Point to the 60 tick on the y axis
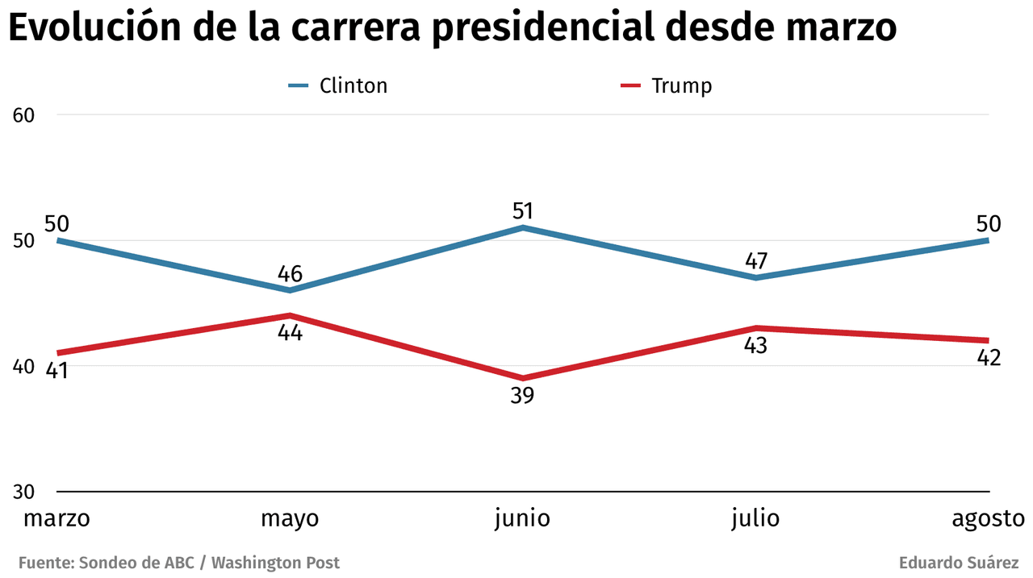[x=24, y=114]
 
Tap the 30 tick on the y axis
[x=24, y=492]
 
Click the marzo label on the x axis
[x=56, y=518]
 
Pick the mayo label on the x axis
[x=290, y=518]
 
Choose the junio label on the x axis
[x=522, y=518]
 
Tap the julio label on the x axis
[x=755, y=518]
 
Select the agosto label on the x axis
[x=988, y=518]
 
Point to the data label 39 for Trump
[x=522, y=396]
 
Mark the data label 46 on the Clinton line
[x=290, y=273]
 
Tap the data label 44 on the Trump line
[x=290, y=332]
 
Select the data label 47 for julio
[x=755, y=261]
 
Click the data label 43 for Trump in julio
[x=755, y=345]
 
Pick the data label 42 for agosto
[x=988, y=357]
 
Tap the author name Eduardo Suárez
[x=960, y=563]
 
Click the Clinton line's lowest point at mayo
[x=290, y=290]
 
